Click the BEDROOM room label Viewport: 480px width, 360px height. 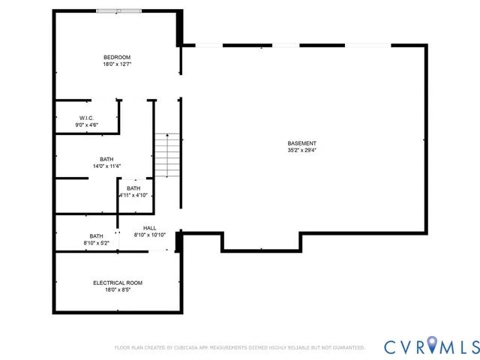click(x=117, y=58)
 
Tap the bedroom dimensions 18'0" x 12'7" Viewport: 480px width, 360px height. click(x=117, y=64)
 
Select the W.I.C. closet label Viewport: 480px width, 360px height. click(x=85, y=118)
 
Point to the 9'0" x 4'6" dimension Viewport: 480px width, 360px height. click(x=85, y=124)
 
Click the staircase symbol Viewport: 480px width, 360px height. click(x=168, y=156)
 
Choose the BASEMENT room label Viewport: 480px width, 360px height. click(x=301, y=143)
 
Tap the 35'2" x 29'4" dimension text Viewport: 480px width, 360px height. click(x=301, y=150)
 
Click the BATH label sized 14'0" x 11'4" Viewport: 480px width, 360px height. click(x=106, y=159)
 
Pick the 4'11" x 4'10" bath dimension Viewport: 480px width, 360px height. click(x=133, y=195)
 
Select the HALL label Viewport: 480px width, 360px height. click(x=149, y=228)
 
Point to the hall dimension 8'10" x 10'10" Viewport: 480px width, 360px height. click(x=149, y=235)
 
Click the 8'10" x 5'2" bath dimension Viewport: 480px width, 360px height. click(x=96, y=243)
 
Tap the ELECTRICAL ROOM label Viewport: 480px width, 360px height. click(x=117, y=283)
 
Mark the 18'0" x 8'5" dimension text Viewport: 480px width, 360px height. click(x=117, y=289)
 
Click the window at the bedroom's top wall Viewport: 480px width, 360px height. click(x=118, y=10)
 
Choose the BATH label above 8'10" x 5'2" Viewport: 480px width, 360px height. click(x=96, y=236)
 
